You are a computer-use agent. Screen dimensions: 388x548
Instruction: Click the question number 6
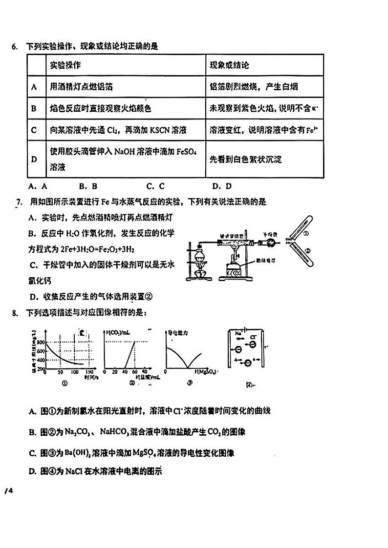pos(14,47)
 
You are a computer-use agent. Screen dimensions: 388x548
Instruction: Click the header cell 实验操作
pos(65,65)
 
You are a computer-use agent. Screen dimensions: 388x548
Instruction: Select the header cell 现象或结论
pos(229,65)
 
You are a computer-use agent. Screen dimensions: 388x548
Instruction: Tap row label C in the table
pos(34,130)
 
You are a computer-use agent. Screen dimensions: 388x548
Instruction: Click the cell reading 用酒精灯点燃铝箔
pos(81,87)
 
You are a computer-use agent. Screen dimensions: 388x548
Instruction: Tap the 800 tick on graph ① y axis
pos(40,342)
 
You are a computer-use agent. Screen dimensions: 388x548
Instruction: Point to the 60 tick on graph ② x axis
pos(134,372)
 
